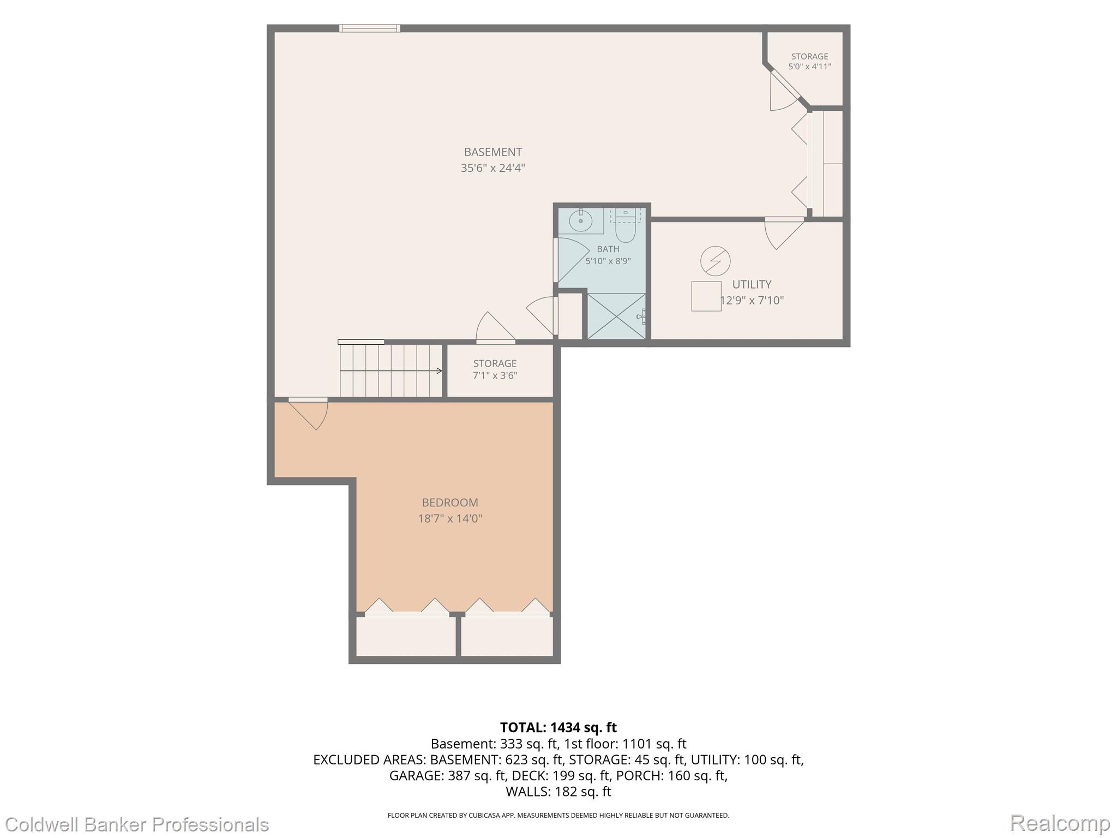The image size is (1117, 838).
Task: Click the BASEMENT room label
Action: click(493, 152)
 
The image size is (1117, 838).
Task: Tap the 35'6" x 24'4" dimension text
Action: click(493, 168)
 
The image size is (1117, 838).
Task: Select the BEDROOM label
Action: click(450, 502)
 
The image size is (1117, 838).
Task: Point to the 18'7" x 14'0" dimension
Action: click(450, 518)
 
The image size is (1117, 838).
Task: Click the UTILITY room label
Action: click(752, 284)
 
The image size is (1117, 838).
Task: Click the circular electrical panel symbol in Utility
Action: click(715, 261)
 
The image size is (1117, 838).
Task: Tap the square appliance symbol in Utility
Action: click(706, 296)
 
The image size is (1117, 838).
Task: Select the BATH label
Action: click(608, 249)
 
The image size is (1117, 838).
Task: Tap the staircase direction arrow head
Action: click(440, 371)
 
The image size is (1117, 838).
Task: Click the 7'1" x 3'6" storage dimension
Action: click(495, 375)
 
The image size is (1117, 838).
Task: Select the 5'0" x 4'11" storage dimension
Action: click(809, 67)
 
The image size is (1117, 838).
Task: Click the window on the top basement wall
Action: click(369, 28)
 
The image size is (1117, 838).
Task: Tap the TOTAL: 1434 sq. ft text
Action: click(558, 727)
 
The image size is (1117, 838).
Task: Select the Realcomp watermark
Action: click(1060, 823)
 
